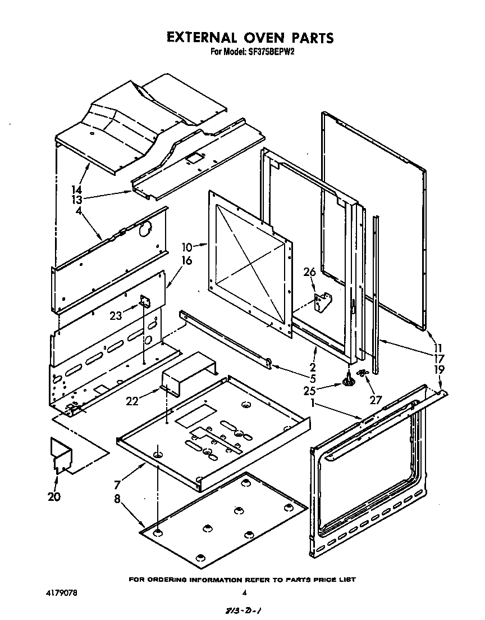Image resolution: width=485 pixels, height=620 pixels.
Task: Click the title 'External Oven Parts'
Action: tap(250, 38)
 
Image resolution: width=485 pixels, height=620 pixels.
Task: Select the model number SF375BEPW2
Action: tap(272, 52)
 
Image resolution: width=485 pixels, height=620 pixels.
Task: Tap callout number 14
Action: tap(77, 190)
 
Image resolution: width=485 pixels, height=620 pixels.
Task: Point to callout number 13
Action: tap(77, 200)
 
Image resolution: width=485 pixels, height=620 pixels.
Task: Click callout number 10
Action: tap(187, 246)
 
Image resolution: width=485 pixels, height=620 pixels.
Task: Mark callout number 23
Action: tap(116, 316)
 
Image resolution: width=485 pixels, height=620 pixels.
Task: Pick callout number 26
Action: tap(310, 272)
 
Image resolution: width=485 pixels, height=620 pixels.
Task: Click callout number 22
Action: tap(131, 400)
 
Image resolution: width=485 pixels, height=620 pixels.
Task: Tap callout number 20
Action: tap(54, 496)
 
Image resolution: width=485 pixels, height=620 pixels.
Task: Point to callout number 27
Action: tap(375, 400)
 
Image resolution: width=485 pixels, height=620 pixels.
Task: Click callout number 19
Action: tap(440, 370)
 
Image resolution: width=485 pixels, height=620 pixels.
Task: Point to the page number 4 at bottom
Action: tap(244, 592)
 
